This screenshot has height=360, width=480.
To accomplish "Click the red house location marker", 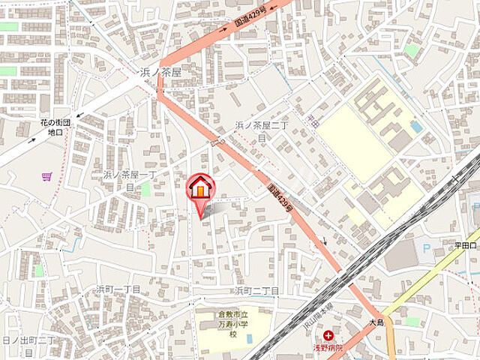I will pyautogui.click(x=200, y=187).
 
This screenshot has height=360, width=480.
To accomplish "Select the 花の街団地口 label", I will pyautogui.click(x=55, y=127).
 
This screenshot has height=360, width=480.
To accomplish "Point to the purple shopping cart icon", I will pyautogui.click(x=46, y=177).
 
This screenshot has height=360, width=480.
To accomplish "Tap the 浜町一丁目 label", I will pyautogui.click(x=118, y=289).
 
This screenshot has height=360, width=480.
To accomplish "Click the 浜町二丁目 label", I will pyautogui.click(x=256, y=290).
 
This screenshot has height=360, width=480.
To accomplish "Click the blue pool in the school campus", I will pyautogui.click(x=416, y=127).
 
